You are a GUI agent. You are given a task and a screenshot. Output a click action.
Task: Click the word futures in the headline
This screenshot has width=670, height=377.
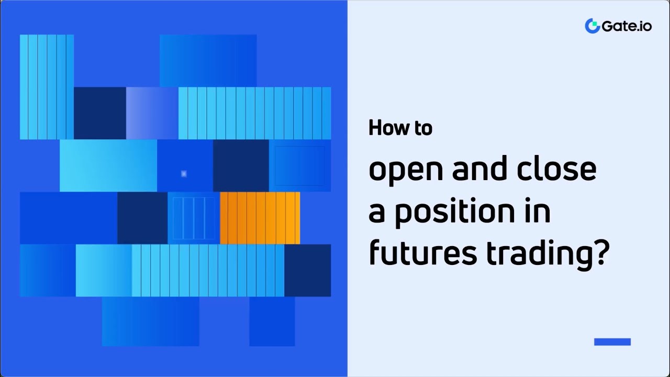click(x=422, y=254)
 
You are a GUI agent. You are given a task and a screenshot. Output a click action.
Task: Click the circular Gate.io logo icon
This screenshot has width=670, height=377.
click(x=592, y=26)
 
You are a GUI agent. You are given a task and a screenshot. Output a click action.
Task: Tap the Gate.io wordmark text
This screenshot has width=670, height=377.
click(x=627, y=26)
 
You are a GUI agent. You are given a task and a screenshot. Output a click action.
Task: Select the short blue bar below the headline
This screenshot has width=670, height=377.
click(x=612, y=342)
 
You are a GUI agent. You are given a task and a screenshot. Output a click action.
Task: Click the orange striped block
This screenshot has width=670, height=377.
click(x=260, y=218)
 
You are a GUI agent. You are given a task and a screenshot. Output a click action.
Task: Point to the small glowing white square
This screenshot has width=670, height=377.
click(x=184, y=173)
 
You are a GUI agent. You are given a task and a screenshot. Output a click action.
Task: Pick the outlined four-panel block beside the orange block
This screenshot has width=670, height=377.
click(x=194, y=218)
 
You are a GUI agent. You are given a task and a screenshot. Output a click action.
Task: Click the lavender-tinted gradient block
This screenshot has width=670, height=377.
click(x=152, y=113)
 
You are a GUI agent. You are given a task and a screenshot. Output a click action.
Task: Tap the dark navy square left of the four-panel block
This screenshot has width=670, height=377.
click(x=142, y=218)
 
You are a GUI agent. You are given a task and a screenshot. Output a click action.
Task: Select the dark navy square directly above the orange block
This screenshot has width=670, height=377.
click(x=241, y=165)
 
